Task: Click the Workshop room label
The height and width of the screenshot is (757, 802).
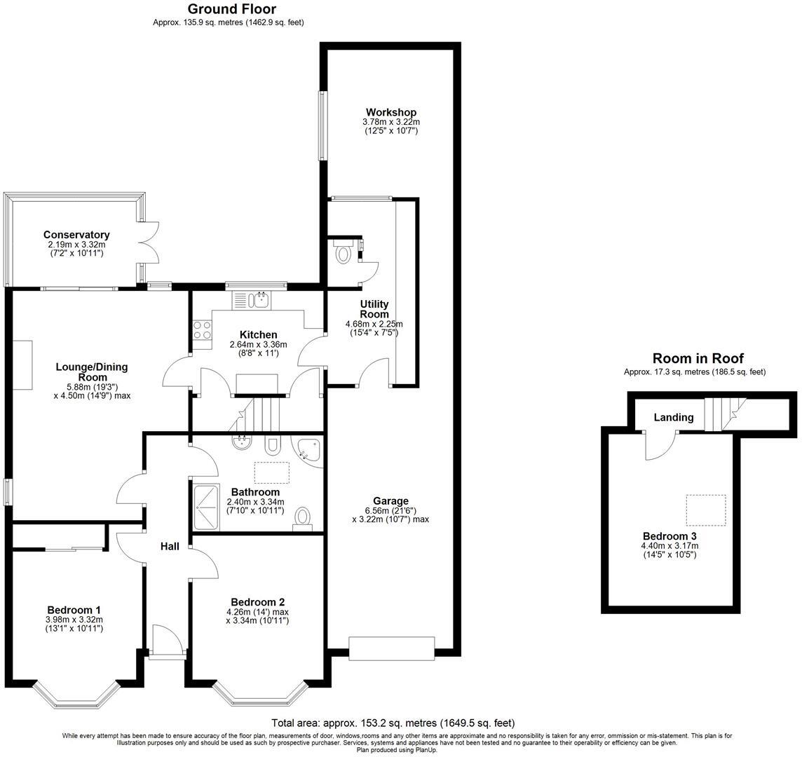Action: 390,112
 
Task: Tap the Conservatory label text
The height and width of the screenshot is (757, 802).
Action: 76,235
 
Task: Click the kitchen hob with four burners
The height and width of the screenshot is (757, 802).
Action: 203,330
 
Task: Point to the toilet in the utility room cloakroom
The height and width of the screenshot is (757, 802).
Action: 343,252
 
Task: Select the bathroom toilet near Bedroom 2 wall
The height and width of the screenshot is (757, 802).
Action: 303,519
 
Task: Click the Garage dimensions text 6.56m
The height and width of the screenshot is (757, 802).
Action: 390,510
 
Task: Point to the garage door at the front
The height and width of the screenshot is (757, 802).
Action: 392,648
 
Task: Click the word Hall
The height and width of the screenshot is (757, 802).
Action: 170,546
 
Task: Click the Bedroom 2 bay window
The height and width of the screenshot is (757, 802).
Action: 259,694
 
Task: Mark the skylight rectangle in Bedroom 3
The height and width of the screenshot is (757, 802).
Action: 705,510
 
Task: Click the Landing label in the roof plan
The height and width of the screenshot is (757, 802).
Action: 673,418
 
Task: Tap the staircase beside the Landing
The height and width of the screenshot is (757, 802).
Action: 722,414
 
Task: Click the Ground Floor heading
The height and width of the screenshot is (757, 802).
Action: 231,9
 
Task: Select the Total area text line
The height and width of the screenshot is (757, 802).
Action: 393,723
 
